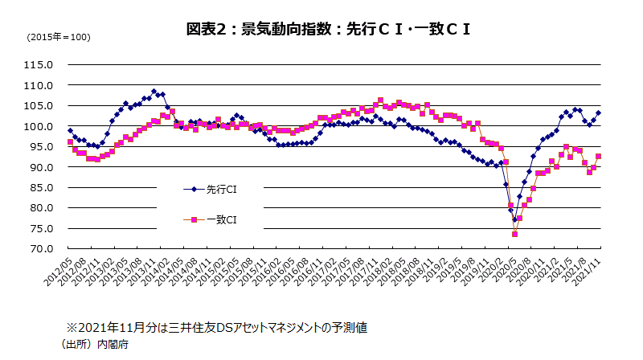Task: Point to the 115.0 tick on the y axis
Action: coord(38,65)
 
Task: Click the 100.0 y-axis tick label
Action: coord(38,126)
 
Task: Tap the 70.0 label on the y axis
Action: coord(40,249)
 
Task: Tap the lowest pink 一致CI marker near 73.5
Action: coord(514,234)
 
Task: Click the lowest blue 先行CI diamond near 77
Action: coord(514,219)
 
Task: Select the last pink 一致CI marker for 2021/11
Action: coord(598,157)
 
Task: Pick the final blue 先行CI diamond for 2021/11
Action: coord(598,113)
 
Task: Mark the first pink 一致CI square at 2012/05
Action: coord(70,142)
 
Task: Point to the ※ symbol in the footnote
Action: coord(71,328)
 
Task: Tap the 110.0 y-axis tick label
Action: coord(38,85)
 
